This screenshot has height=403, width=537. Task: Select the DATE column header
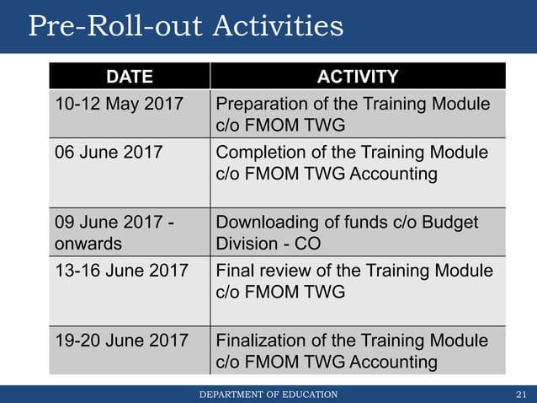click(129, 77)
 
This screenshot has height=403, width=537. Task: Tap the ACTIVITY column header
click(357, 77)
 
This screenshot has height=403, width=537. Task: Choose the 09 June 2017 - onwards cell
click(114, 233)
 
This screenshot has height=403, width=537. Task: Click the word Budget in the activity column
click(449, 223)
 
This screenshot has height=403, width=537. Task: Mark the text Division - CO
click(268, 244)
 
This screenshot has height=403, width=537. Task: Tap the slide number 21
click(520, 395)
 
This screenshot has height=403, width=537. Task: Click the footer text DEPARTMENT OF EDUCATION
click(268, 395)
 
